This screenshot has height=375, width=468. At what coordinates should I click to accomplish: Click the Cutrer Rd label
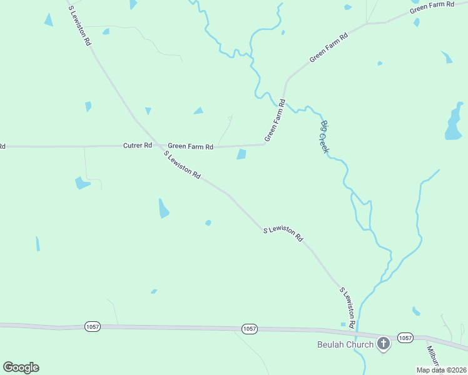click(138, 146)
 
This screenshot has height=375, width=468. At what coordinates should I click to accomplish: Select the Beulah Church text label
click(345, 344)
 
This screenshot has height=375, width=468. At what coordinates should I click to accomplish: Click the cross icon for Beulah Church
click(383, 343)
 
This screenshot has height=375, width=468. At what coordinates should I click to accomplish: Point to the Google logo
click(21, 367)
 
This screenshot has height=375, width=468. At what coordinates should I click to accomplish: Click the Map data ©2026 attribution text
click(441, 370)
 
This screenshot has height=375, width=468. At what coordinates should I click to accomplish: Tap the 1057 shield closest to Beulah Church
click(405, 337)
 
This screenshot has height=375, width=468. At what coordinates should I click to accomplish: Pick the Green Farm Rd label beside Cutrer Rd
click(191, 146)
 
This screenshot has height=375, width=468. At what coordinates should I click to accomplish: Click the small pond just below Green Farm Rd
click(242, 154)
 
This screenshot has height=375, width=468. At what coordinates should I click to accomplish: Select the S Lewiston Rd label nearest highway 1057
click(348, 307)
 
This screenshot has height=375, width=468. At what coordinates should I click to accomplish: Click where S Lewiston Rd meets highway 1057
click(357, 331)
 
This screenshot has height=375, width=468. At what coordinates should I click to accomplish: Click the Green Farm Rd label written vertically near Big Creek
click(275, 120)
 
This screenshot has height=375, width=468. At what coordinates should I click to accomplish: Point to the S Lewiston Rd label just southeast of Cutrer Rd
click(182, 165)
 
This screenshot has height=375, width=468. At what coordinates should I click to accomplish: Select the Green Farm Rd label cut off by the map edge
click(432, 7)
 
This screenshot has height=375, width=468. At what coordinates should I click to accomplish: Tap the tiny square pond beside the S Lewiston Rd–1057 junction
click(343, 324)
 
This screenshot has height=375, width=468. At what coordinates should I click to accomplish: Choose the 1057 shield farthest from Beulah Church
click(92, 327)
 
